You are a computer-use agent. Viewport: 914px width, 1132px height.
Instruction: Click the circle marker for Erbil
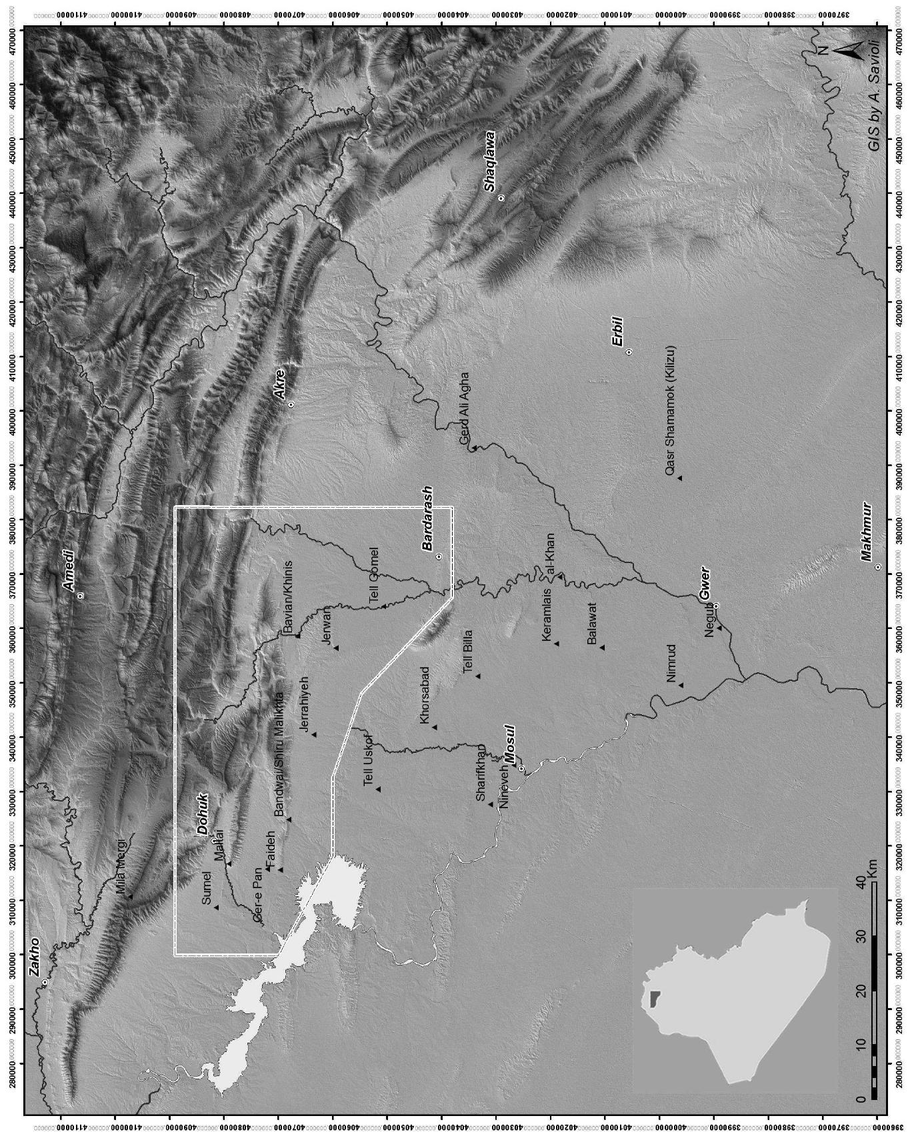click(629, 352)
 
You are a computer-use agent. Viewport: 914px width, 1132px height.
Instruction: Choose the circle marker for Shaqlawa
click(501, 198)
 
